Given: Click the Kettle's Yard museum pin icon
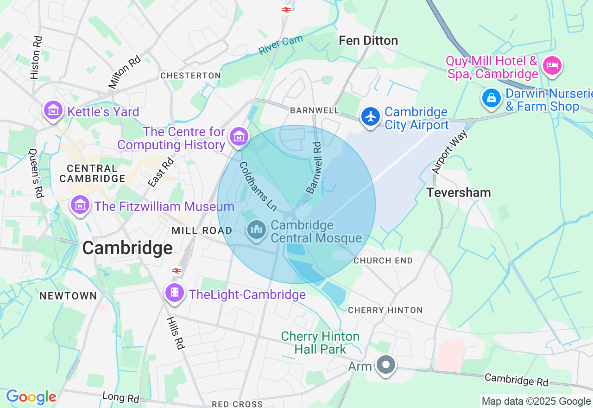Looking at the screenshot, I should tap(53, 110).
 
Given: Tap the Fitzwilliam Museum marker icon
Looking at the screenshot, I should tap(80, 204).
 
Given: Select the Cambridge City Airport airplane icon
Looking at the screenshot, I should tap(370, 116).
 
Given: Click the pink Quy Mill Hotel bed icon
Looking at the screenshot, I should tap(552, 65).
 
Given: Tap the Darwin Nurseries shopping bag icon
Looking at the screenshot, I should tap(491, 97).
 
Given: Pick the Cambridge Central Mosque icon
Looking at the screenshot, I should tap(256, 230).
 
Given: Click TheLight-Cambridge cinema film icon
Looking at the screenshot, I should tap(174, 292).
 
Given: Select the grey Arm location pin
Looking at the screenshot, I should tap(385, 364).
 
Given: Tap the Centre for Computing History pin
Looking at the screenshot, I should tap(239, 136).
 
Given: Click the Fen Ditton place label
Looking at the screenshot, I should tap(368, 41).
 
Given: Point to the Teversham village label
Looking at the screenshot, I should tap(458, 192).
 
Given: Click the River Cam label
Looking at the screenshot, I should tap(280, 45).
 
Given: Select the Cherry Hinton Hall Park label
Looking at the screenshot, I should tap(320, 343).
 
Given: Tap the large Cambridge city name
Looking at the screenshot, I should tap(127, 248).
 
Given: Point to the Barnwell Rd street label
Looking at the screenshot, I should tap(314, 167).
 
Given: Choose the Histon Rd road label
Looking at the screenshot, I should tap(36, 57).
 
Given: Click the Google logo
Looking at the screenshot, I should tap(31, 397).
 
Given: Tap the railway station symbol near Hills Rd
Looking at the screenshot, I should tap(176, 270).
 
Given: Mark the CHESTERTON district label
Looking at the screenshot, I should tap(190, 76).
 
